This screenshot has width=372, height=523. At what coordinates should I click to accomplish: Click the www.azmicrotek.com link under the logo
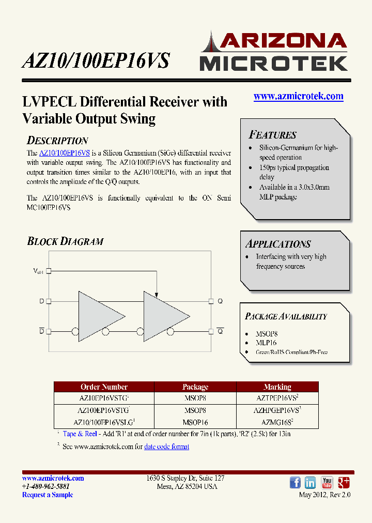[298, 96]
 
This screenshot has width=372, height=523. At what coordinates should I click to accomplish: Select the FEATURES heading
[273, 135]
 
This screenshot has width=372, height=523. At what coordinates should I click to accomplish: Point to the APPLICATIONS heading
[278, 244]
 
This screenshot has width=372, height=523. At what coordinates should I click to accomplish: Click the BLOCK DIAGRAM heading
[65, 241]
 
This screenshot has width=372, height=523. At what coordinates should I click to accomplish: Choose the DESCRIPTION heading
[57, 141]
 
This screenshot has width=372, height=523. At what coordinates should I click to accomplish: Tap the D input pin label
[41, 301]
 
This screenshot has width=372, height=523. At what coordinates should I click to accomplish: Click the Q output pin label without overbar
[220, 301]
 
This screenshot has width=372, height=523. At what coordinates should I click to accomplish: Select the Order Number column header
[104, 387]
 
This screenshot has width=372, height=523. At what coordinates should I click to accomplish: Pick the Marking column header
[277, 387]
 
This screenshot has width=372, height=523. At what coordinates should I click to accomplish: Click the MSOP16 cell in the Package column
[195, 422]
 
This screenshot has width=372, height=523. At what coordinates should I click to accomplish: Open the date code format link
[166, 447]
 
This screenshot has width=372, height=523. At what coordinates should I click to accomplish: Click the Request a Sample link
[48, 495]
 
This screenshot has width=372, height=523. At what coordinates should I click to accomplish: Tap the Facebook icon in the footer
[295, 483]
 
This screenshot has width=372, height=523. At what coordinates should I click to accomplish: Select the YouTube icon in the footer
[327, 483]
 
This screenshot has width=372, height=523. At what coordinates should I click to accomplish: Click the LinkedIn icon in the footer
[311, 483]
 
